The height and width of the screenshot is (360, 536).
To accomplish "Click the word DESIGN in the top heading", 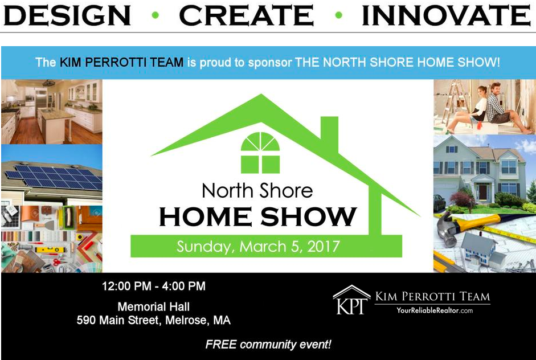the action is tap(67, 15).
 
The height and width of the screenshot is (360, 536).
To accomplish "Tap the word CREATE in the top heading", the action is tap(246, 15).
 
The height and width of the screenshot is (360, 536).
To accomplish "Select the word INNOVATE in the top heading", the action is tap(446, 15).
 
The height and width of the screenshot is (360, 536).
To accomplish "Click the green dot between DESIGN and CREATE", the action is tap(155, 15).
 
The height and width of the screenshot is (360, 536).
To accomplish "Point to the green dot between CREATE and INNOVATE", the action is tap(339, 15).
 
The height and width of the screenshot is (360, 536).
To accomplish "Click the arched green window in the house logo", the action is tap(260, 153).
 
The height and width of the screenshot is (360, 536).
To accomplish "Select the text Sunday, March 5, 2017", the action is tap(258, 247).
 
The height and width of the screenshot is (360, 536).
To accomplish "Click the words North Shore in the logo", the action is tap(257, 190).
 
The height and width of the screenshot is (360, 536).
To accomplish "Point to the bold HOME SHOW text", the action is tap(258, 217).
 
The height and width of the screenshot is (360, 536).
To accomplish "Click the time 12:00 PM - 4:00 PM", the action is tap(154, 286).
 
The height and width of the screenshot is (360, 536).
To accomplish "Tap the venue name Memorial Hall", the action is tap(153, 306).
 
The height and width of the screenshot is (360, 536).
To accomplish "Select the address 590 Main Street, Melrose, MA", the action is tap(153, 320).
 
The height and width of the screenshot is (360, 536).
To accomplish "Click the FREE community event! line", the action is tap(268, 344).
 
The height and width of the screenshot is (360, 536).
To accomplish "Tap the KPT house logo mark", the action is tap(351, 300).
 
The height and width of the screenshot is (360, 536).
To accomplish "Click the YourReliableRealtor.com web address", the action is tap(435, 310).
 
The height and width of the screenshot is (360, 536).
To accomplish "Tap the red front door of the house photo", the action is tap(482, 192).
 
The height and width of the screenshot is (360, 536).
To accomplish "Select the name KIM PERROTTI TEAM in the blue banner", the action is tap(122, 62).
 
